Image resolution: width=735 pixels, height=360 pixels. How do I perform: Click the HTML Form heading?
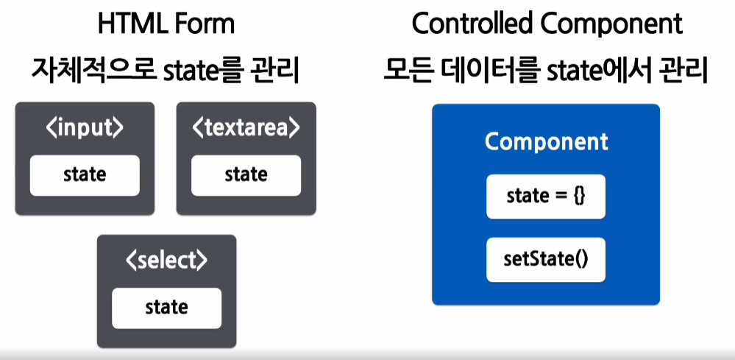(166, 24)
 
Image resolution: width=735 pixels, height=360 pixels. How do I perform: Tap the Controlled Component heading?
(547, 24)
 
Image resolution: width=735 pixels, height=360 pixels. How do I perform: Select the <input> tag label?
(85, 128)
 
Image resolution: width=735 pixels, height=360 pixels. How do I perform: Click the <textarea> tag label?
(246, 128)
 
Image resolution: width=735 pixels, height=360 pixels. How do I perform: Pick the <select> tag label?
(166, 261)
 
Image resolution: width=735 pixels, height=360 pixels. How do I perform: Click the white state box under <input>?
(85, 175)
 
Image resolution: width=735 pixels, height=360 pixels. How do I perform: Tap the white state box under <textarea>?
(246, 175)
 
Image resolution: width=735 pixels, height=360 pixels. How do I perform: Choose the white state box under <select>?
(166, 307)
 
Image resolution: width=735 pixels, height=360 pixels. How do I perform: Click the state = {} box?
(546, 197)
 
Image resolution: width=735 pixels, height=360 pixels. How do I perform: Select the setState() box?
(546, 259)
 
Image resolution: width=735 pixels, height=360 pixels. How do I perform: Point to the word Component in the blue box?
(546, 141)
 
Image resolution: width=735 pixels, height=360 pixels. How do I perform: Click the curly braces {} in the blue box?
(578, 197)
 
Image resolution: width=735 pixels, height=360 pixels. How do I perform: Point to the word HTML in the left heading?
(129, 24)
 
